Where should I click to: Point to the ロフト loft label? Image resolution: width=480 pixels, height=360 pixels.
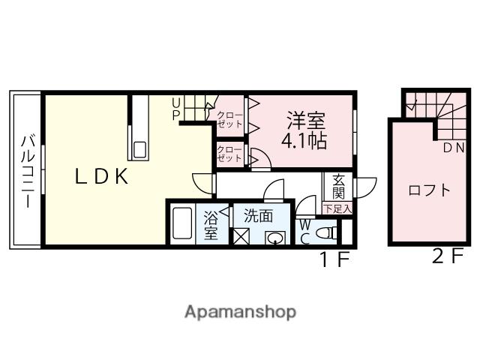[x=429, y=190]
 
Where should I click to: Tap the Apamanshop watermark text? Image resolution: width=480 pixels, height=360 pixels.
[x=240, y=311]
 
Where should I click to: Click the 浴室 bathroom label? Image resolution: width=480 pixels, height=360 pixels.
[x=211, y=226]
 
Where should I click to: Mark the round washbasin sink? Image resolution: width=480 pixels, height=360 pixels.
[x=275, y=238]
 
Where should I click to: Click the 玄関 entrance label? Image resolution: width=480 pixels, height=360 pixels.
[x=338, y=187]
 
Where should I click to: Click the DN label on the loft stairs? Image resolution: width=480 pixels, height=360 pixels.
[x=453, y=148]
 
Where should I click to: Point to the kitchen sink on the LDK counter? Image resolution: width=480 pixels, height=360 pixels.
[x=140, y=148]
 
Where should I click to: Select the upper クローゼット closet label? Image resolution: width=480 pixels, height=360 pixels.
[x=229, y=119]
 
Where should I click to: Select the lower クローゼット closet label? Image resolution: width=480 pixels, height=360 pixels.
[x=229, y=154]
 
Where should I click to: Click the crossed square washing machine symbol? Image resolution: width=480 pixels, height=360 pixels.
[x=241, y=238]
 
